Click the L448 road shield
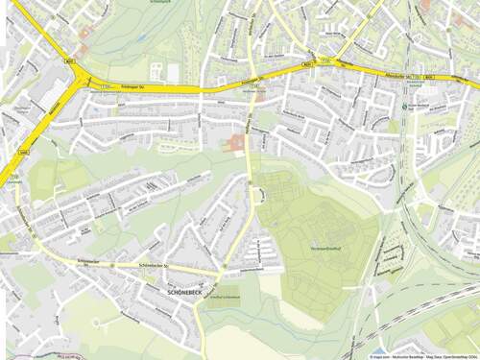tap(24, 152)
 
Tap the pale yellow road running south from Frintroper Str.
tap(252, 192)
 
